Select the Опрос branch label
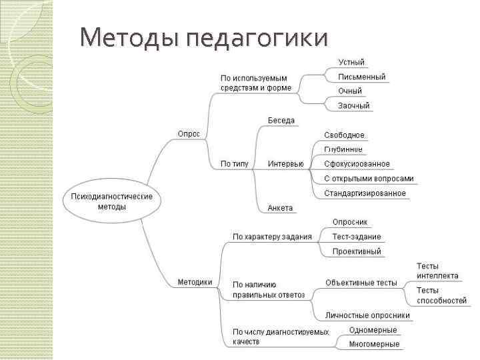click(x=189, y=133)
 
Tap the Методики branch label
click(x=195, y=282)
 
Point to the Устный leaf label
click(x=351, y=63)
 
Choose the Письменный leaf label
click(x=361, y=77)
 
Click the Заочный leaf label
click(x=353, y=105)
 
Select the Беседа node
click(x=281, y=121)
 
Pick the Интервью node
click(x=285, y=164)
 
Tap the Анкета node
click(x=280, y=208)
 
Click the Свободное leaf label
click(x=344, y=135)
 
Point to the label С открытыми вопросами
click(x=369, y=179)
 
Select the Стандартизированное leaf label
click(x=365, y=193)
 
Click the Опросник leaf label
click(x=350, y=222)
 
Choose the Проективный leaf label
click(x=357, y=251)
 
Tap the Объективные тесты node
click(x=361, y=283)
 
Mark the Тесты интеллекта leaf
click(x=437, y=271)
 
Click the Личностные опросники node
click(x=367, y=315)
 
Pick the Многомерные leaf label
click(x=375, y=344)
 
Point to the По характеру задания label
click(x=272, y=237)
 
